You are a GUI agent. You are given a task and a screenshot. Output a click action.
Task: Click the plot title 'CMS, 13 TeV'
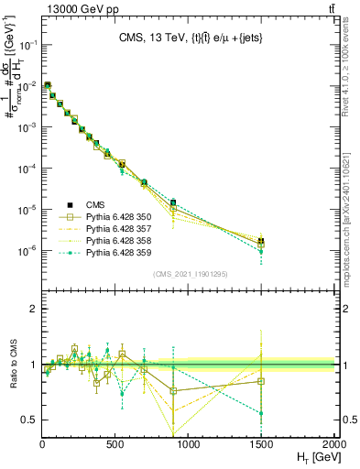click(157, 38)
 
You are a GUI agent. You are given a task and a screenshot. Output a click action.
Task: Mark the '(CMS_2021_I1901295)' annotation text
click(189, 275)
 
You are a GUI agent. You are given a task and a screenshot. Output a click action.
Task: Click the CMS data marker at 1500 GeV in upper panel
click(262, 241)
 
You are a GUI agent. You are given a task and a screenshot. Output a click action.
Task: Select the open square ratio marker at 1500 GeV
click(262, 381)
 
